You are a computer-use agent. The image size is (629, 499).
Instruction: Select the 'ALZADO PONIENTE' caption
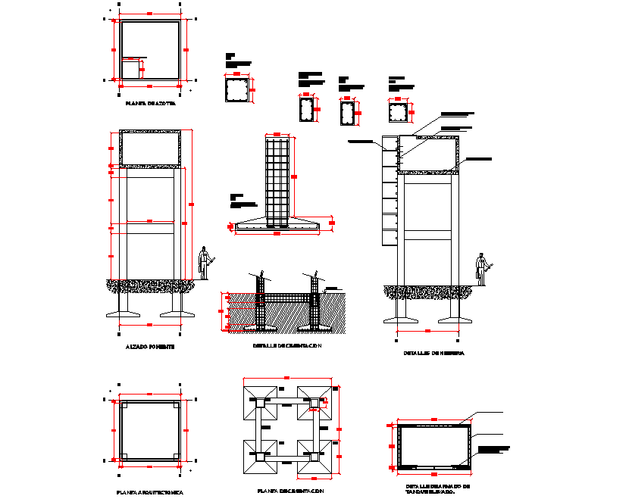[x=150, y=346]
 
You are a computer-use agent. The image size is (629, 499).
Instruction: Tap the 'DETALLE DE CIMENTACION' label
[x=287, y=346]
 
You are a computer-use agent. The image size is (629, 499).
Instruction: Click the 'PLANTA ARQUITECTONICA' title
[x=150, y=491]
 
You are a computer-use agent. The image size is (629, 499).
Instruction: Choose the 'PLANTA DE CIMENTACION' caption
[x=290, y=491]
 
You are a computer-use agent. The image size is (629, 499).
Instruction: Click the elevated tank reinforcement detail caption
[x=438, y=488]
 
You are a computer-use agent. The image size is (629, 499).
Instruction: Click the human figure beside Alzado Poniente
[x=204, y=264]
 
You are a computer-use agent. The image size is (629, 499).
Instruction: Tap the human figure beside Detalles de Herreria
[x=481, y=269]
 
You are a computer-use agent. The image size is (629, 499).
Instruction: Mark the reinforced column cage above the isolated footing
[x=277, y=179]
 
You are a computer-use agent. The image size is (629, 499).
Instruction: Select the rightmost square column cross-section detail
[x=397, y=112]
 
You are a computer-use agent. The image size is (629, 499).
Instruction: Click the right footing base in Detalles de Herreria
[x=453, y=317]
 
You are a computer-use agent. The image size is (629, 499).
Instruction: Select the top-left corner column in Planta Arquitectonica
[x=124, y=404]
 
